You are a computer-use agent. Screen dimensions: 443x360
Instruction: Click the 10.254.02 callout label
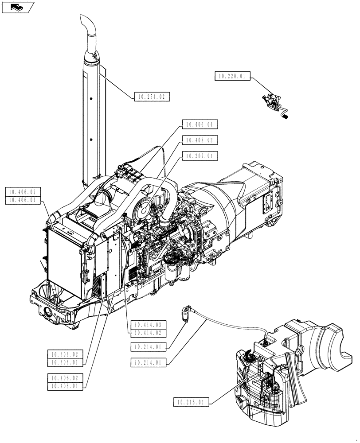tap(152, 96)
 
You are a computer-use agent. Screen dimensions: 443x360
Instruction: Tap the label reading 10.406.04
tap(200, 125)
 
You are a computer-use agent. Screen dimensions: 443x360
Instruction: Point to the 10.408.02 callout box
tap(200, 140)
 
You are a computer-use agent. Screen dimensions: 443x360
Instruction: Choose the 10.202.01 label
tap(200, 156)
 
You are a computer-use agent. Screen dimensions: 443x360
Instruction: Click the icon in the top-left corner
tap(18, 7)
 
